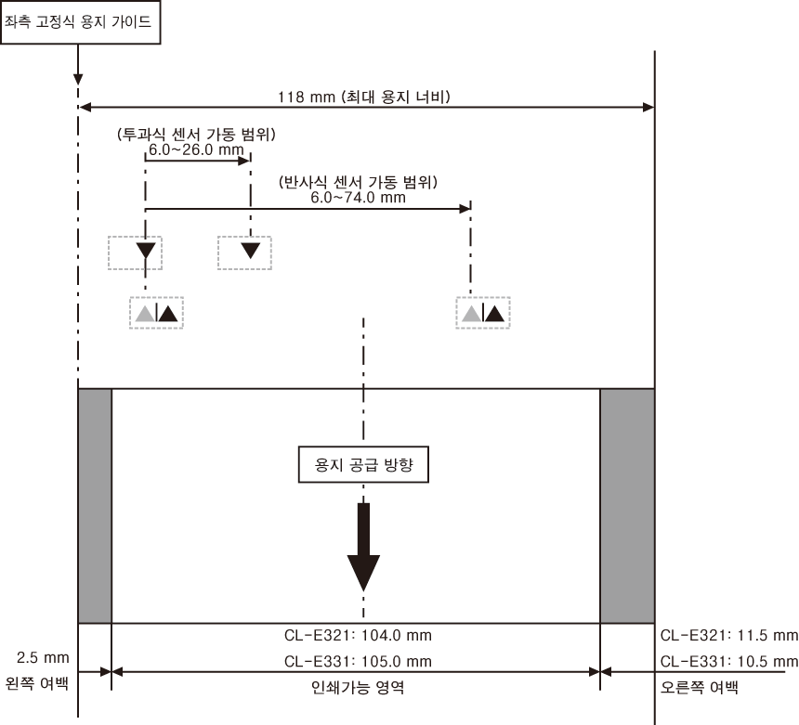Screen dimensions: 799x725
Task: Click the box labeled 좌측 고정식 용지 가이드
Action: [81, 22]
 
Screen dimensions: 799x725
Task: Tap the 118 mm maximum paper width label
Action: [364, 97]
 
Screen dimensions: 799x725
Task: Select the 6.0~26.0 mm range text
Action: [196, 149]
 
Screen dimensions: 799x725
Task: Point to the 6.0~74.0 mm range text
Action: [359, 198]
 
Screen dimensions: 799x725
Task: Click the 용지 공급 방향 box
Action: [363, 464]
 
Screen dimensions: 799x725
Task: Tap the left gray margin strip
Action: [95, 506]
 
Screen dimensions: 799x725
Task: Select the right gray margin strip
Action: [627, 506]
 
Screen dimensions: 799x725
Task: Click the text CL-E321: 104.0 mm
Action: [358, 635]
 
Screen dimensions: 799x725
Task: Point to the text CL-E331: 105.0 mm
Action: [358, 661]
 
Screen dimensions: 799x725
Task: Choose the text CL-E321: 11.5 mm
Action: [729, 635]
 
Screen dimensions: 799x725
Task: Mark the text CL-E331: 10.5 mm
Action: [729, 661]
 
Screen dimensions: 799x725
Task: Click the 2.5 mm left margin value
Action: [43, 657]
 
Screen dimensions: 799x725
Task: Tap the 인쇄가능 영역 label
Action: [358, 687]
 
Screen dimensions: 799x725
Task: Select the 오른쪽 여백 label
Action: [699, 687]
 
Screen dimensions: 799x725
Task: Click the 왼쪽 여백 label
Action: [36, 682]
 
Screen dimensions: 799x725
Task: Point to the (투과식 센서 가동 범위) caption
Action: [196, 135]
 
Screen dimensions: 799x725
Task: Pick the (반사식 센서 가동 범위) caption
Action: [358, 182]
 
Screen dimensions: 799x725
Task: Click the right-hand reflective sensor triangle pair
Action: [483, 313]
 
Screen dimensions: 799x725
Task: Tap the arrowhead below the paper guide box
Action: [78, 79]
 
